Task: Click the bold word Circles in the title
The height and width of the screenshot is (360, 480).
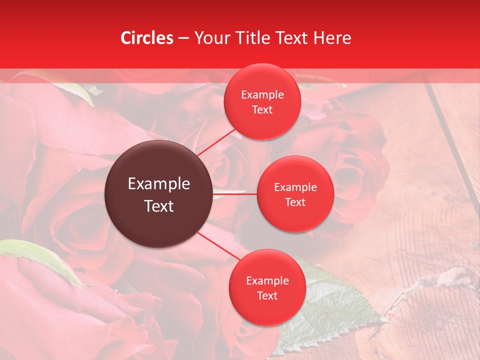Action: click(x=147, y=38)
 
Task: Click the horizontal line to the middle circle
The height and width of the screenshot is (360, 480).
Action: click(x=235, y=193)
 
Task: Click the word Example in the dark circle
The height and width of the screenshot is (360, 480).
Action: click(x=159, y=184)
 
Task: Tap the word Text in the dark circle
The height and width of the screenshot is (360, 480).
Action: click(x=159, y=206)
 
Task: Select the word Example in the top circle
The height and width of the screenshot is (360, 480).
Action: click(x=262, y=95)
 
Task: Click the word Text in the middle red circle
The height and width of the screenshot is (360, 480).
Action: click(x=295, y=202)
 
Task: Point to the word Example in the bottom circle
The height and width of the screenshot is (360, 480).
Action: click(x=267, y=281)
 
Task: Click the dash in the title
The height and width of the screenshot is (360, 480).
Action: click(x=183, y=38)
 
